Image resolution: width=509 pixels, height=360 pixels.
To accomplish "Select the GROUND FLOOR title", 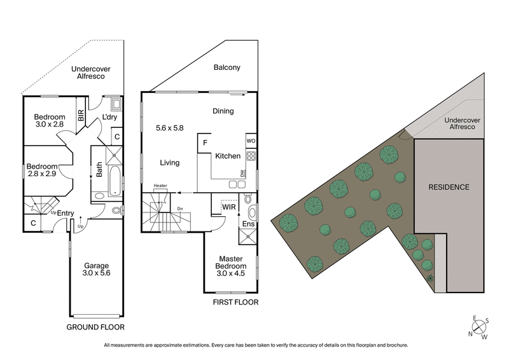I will (x=95, y=327).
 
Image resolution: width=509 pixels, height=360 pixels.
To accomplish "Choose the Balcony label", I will (x=227, y=68).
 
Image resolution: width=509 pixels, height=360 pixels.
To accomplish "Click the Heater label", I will (x=160, y=186).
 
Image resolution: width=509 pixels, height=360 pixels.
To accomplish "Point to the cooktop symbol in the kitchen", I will (x=251, y=156).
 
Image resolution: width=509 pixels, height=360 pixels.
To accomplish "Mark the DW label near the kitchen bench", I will (x=242, y=172).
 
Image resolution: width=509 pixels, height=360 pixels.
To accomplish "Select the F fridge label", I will (x=204, y=142).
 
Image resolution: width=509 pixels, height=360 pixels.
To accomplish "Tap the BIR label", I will (x=81, y=116).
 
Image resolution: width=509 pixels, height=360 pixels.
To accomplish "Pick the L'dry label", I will (x=111, y=118).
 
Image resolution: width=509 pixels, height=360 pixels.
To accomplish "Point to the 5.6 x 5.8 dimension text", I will (x=169, y=128).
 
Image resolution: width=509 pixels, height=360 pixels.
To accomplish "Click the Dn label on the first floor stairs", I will (x=181, y=208).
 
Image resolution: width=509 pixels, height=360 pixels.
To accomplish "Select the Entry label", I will (x=66, y=212).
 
